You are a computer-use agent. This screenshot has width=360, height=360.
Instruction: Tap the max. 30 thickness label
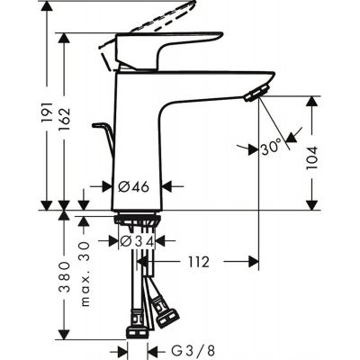tap(87, 267)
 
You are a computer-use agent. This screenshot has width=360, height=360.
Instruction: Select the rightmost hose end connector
tap(168, 315)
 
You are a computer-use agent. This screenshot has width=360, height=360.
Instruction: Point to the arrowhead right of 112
tap(256, 262)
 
